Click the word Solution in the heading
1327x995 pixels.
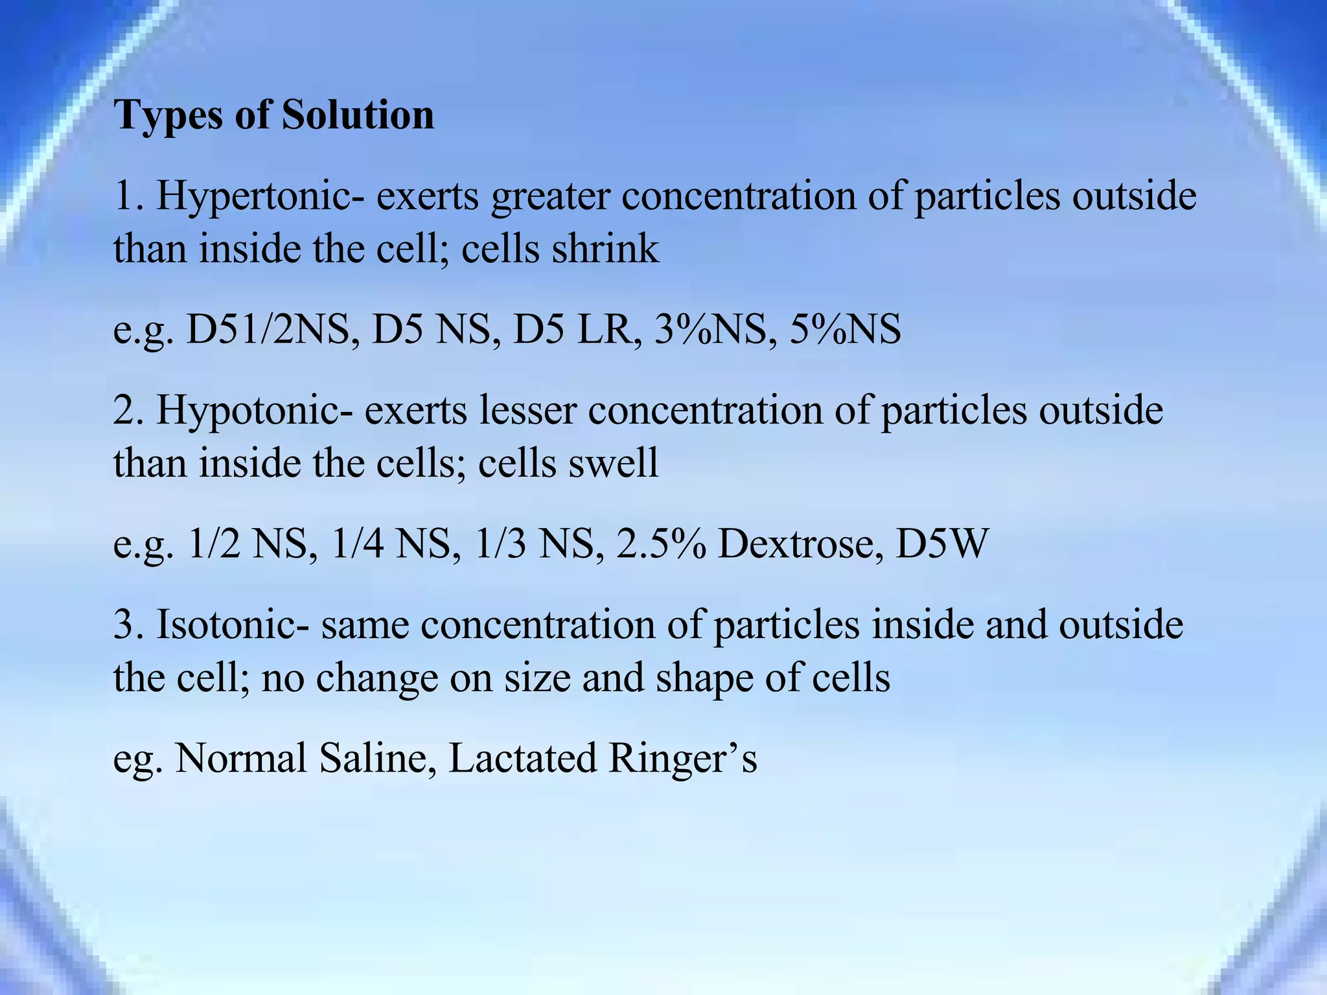point(358,115)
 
